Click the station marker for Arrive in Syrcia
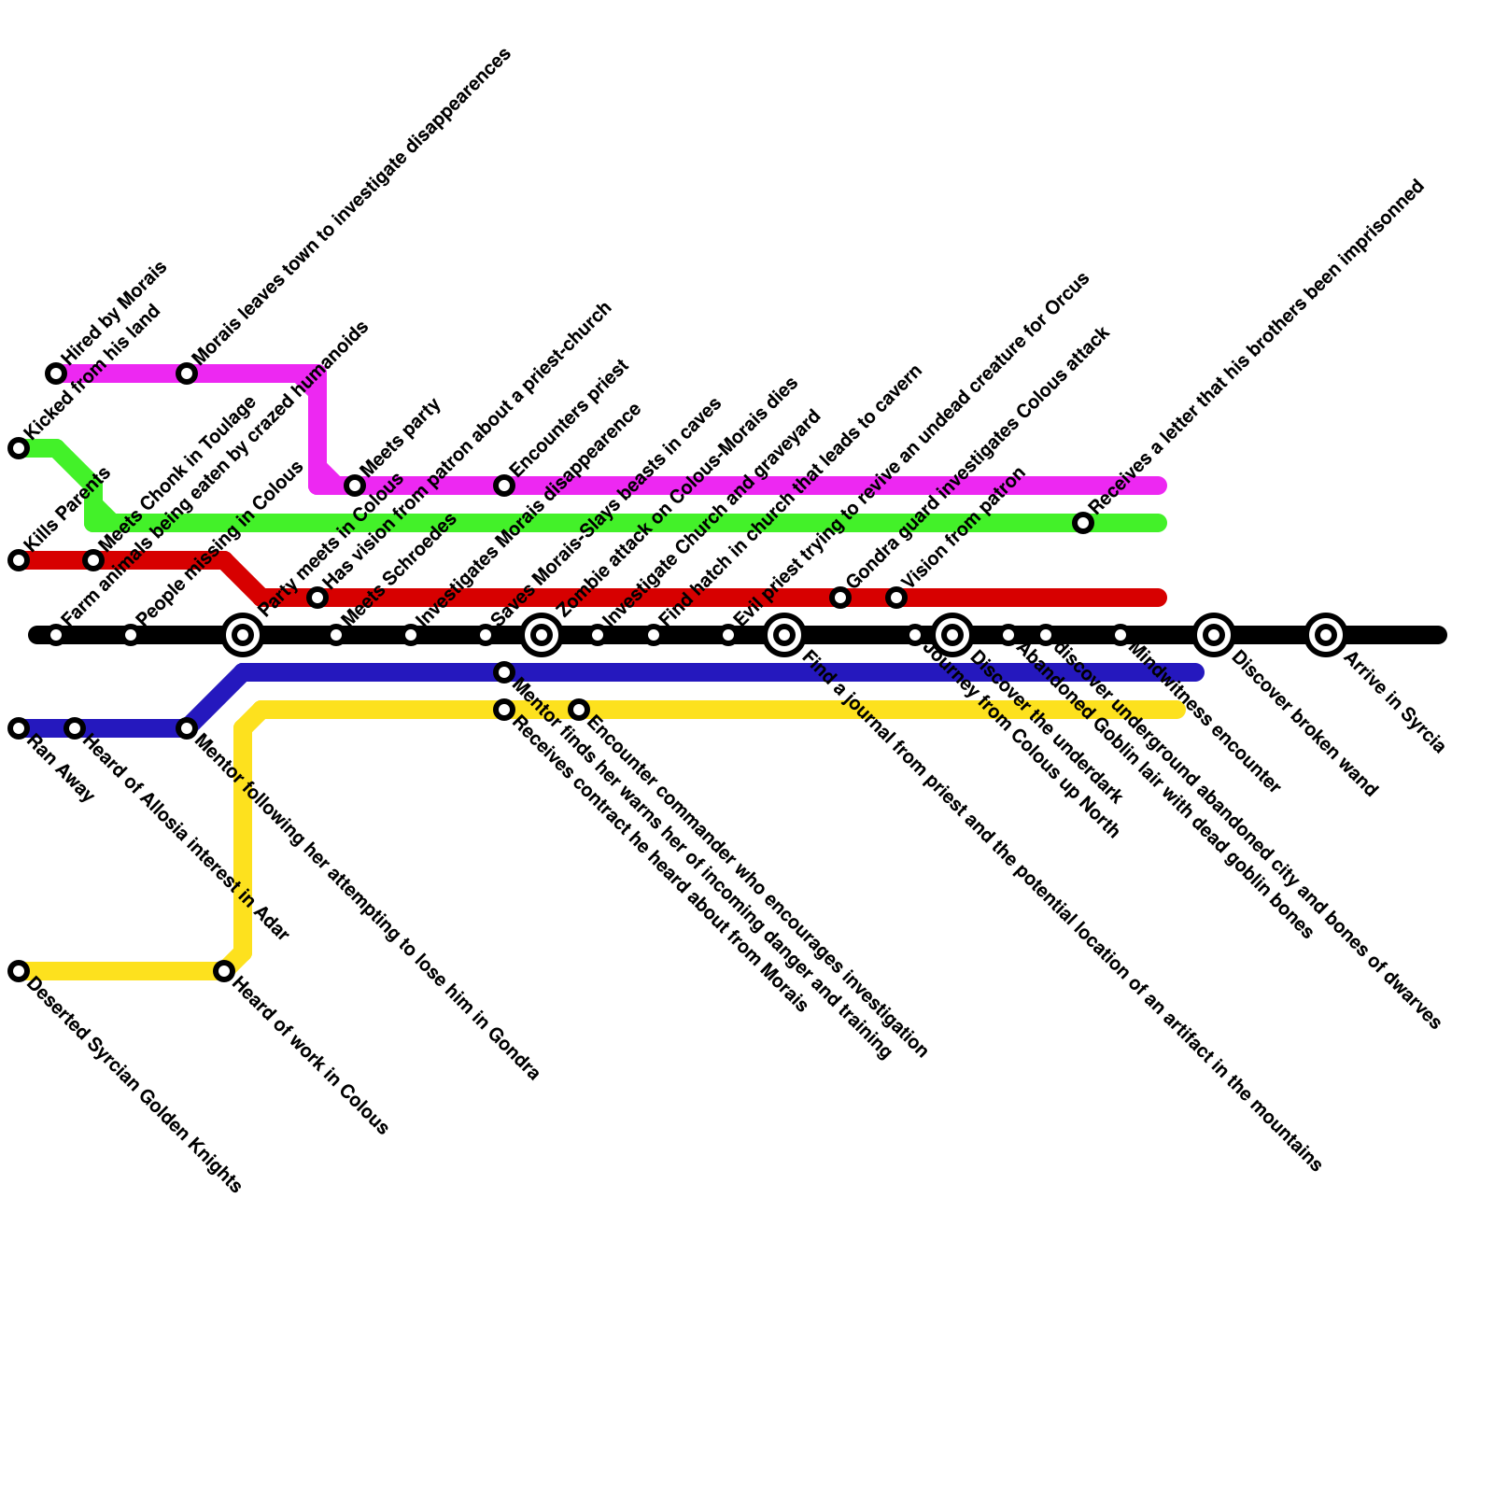click(x=1325, y=635)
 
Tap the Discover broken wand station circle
click(x=1213, y=635)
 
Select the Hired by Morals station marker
click(x=56, y=373)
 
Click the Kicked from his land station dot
click(x=19, y=448)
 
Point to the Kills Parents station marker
click(x=19, y=560)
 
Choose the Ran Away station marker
click(x=19, y=728)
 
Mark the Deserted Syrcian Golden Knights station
click(x=19, y=971)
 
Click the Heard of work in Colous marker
click(x=224, y=971)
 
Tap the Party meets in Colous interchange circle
click(x=243, y=635)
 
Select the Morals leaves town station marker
click(x=187, y=373)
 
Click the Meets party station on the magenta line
click(x=355, y=486)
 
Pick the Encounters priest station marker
click(x=504, y=486)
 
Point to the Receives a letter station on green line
click(x=1083, y=523)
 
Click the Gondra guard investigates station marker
click(x=840, y=598)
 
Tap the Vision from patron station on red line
click(x=896, y=598)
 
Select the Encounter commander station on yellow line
click(x=579, y=710)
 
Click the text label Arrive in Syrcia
click(x=1394, y=703)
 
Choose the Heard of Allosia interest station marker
click(x=75, y=728)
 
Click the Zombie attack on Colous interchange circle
click(x=542, y=635)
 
